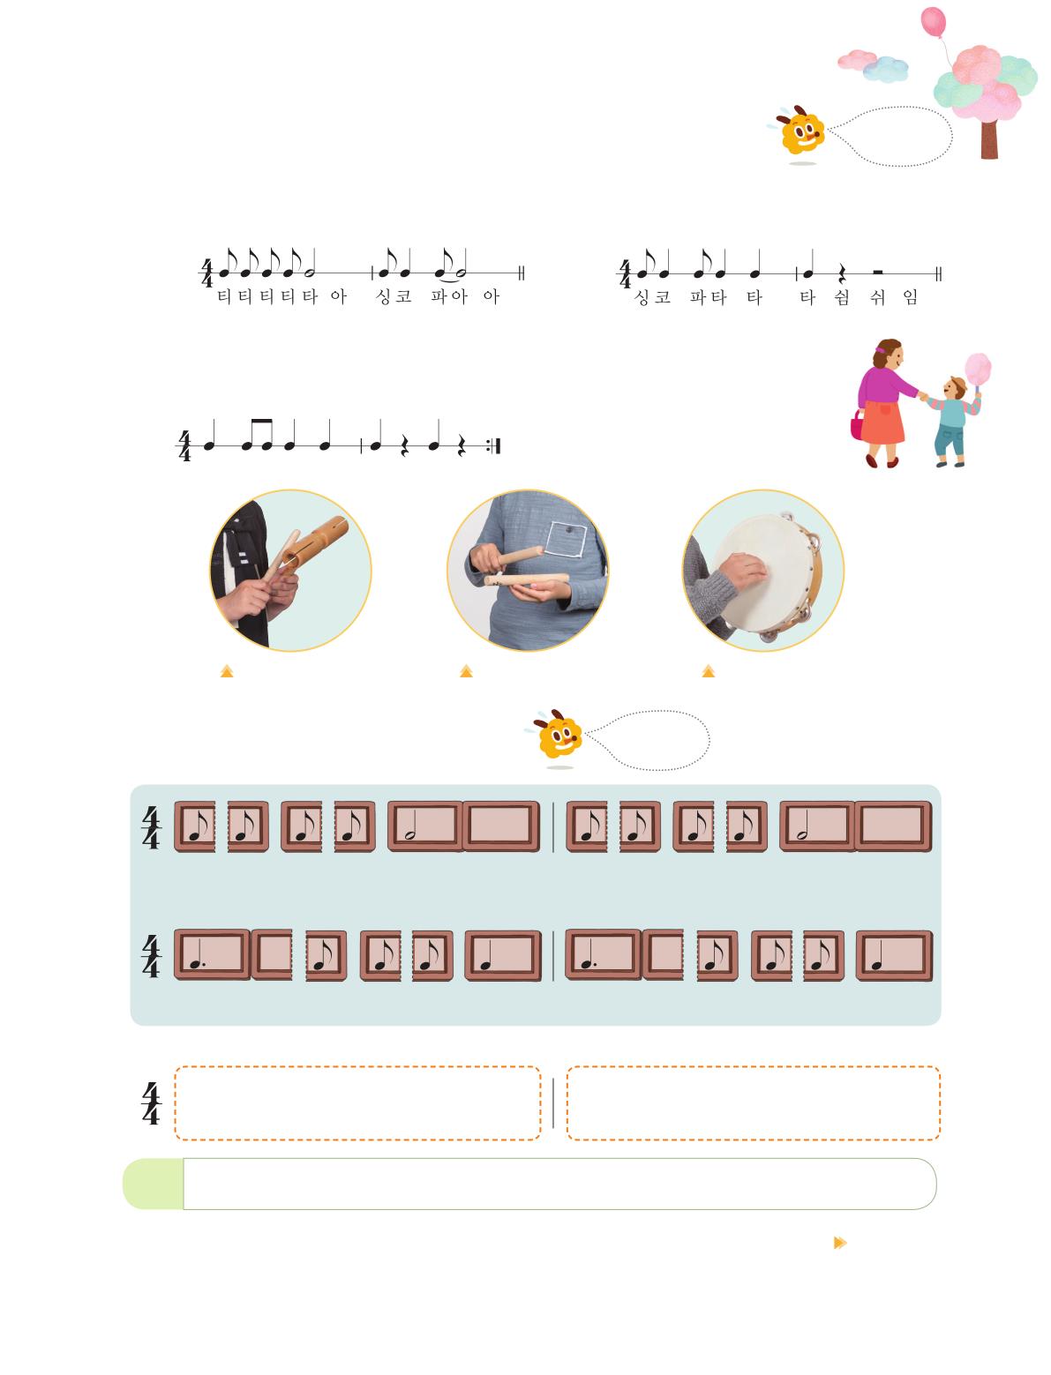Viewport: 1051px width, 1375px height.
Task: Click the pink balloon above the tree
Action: pos(933,22)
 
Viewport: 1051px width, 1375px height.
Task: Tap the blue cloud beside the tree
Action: pos(886,69)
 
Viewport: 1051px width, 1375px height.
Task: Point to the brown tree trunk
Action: pos(989,139)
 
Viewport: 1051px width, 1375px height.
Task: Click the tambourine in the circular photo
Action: pos(769,573)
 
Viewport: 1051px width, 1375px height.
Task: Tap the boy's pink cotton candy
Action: pos(978,369)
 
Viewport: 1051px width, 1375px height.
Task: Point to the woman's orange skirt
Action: pos(882,422)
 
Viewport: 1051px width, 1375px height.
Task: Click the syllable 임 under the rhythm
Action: pos(910,297)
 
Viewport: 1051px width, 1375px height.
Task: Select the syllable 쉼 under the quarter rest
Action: pos(841,297)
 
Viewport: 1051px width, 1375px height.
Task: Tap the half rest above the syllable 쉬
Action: pos(877,272)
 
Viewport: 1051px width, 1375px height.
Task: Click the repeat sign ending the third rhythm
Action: pos(494,446)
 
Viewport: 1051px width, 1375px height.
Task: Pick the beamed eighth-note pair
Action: pos(257,435)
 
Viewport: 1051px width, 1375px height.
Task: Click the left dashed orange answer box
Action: pos(357,1102)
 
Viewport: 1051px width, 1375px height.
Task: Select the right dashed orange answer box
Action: pos(753,1102)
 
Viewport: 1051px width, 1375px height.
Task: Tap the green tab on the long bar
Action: pos(154,1184)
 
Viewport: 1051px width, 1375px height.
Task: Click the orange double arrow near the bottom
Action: pos(840,1242)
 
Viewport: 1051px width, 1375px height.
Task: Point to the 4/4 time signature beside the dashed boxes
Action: pos(151,1103)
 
